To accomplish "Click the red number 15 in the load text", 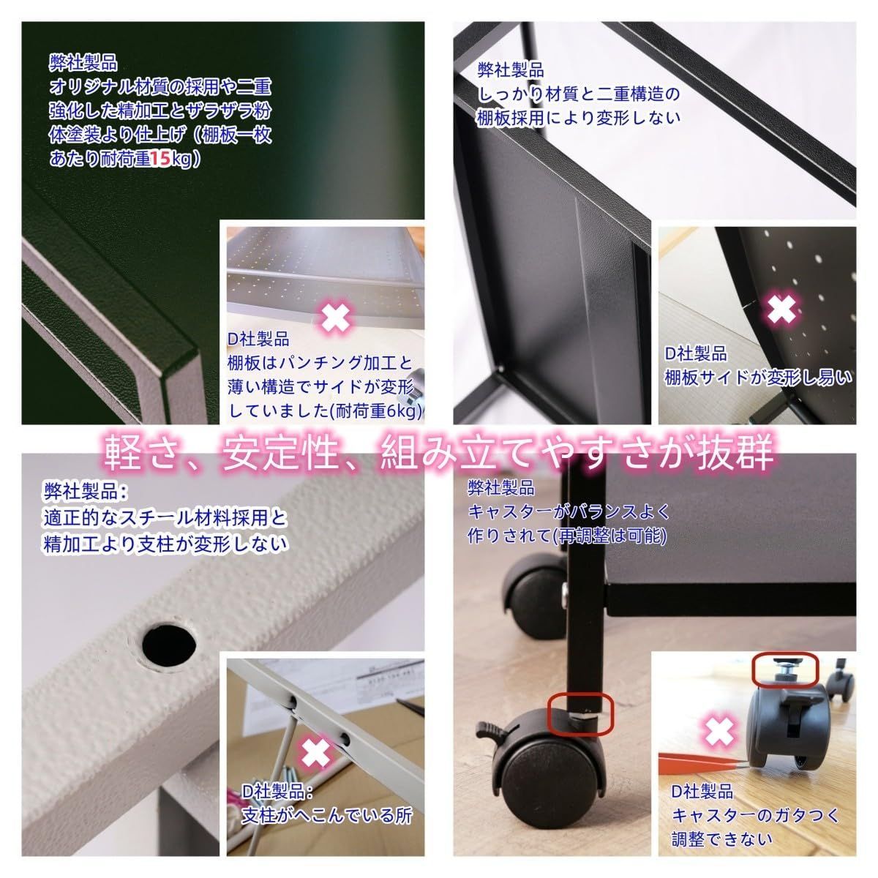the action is (160, 159).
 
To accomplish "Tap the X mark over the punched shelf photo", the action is (336, 318).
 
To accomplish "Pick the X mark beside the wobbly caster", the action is (719, 731).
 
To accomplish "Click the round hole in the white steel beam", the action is (169, 643).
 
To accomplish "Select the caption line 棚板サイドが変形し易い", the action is (758, 378).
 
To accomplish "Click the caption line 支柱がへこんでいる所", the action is (326, 815).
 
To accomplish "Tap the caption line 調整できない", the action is (721, 838).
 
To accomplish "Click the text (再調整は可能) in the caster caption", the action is (609, 536).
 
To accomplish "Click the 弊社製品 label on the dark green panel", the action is (83, 62).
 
